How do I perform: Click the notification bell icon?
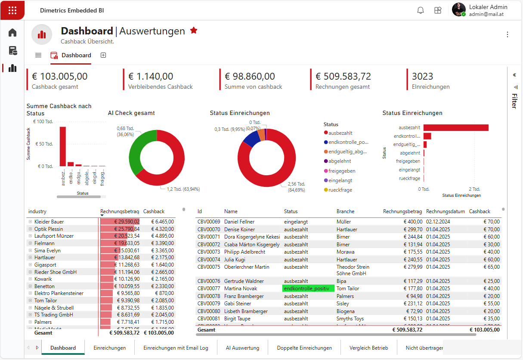[x=421, y=10]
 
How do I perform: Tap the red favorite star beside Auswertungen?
[x=194, y=31]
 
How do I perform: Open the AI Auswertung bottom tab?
[x=242, y=348]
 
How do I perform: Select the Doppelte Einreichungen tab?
[x=304, y=348]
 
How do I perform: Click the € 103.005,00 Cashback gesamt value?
[x=59, y=77]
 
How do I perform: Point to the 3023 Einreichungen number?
[x=422, y=77]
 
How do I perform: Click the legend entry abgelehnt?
[x=339, y=161]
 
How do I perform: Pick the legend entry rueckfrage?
[x=340, y=190]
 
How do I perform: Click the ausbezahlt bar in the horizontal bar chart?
[x=455, y=127]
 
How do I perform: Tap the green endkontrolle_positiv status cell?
[x=308, y=289]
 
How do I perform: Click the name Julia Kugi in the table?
[x=234, y=260]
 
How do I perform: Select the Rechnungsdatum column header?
[x=445, y=211]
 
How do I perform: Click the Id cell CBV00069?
[x=209, y=222]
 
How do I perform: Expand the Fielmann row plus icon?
[x=30, y=243]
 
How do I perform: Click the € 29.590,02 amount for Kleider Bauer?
[x=127, y=222]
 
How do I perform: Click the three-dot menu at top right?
[x=508, y=34]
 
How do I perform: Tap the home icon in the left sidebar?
[x=12, y=33]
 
